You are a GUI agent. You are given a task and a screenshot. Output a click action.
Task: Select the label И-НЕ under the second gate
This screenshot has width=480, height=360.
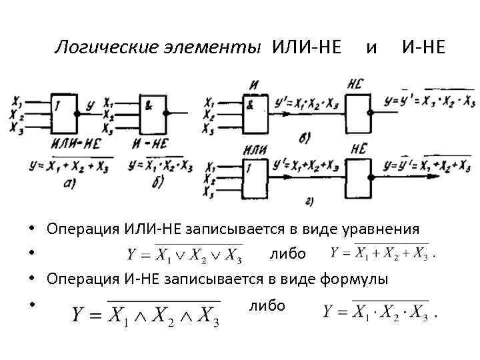pyautogui.click(x=150, y=143)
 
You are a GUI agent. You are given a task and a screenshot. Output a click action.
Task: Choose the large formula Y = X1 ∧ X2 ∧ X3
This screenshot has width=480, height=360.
pyautogui.click(x=146, y=311)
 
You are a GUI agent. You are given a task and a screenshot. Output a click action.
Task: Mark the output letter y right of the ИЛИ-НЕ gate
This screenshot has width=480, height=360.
pyautogui.click(x=90, y=104)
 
